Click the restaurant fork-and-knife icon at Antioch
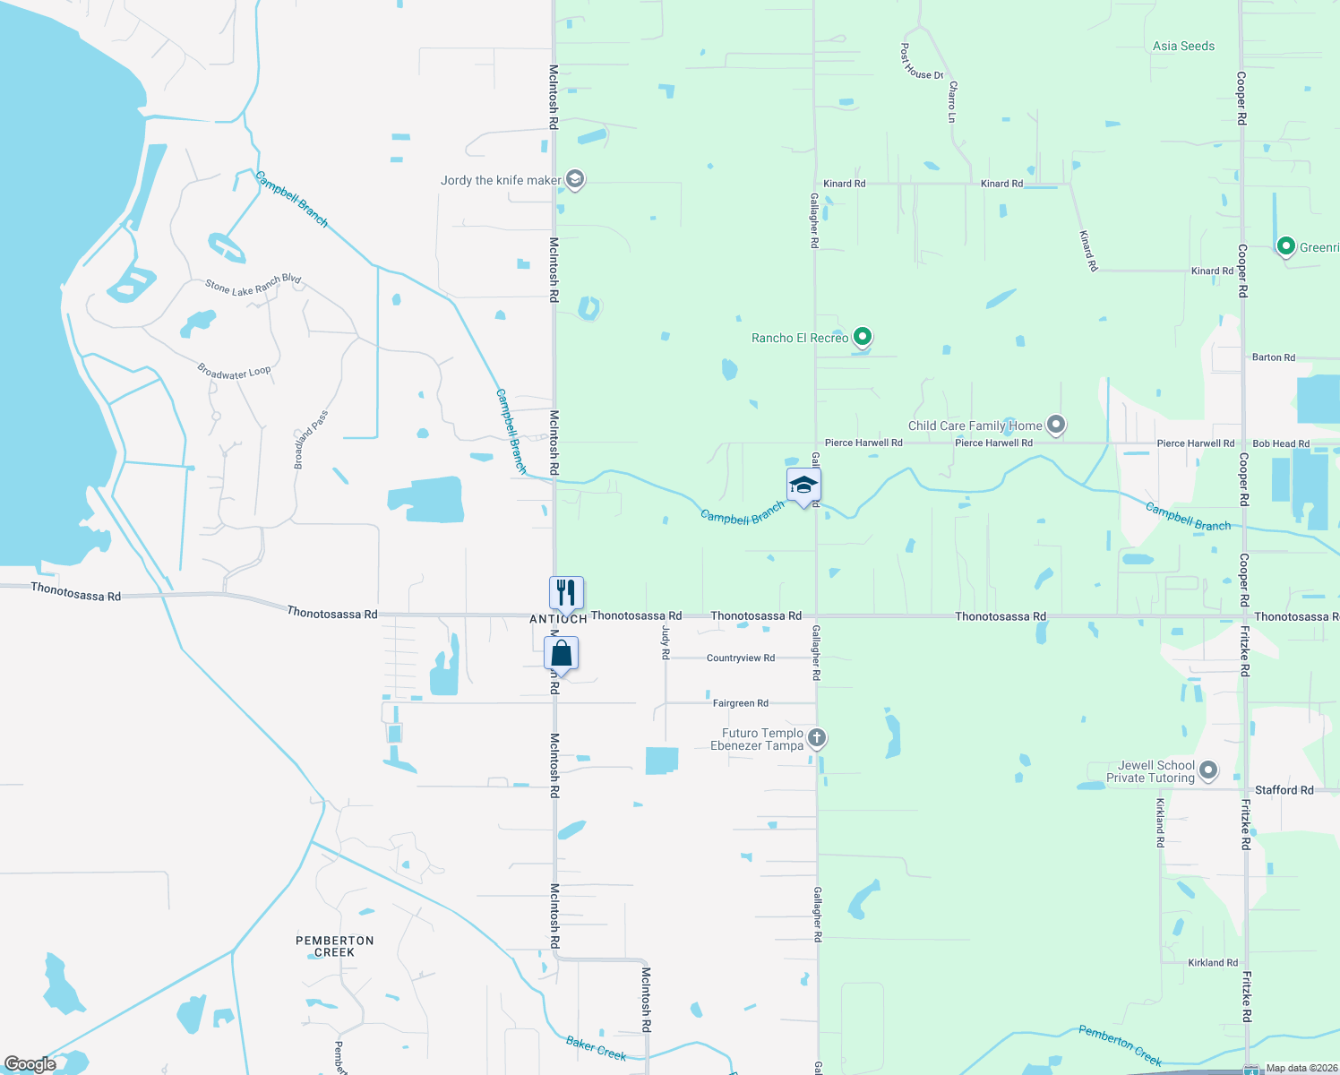point(566,593)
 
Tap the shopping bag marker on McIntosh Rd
point(562,653)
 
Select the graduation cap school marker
point(803,486)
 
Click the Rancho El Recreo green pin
point(863,337)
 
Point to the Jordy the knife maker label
point(501,180)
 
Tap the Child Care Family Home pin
point(1056,425)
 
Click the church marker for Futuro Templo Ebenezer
point(816,738)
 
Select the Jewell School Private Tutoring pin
point(1208,770)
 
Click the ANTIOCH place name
point(558,619)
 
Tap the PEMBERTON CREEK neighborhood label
point(335,946)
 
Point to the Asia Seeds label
point(1183,46)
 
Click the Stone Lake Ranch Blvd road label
point(253,285)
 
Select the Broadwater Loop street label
point(234,372)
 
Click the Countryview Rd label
point(740,658)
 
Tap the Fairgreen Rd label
point(740,703)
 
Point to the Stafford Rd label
point(1284,790)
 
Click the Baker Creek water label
point(597,1048)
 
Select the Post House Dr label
point(922,62)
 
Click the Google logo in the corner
point(30,1064)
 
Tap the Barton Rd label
point(1273,357)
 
